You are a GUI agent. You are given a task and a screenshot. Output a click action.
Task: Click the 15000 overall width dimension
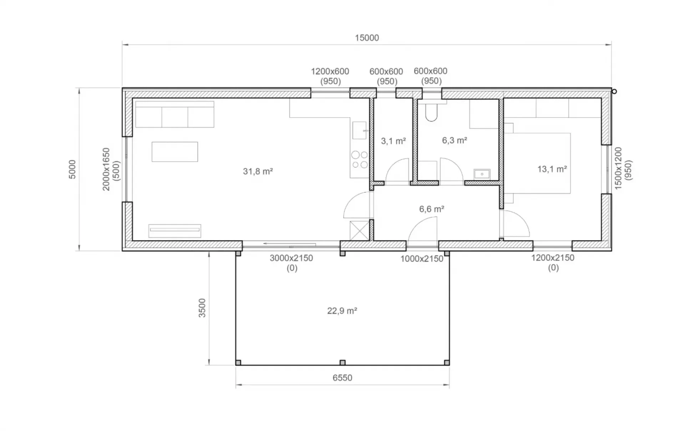367,38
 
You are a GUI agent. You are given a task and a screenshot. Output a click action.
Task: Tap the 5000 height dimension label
72,169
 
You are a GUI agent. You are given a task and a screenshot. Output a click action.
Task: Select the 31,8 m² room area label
258,171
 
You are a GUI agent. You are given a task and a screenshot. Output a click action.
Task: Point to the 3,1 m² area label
393,141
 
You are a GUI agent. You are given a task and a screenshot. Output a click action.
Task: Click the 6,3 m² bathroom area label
455,140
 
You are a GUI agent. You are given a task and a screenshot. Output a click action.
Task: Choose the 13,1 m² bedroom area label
552,169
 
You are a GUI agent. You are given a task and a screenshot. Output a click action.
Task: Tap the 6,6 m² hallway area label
432,209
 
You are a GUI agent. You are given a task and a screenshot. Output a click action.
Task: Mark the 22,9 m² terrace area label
342,311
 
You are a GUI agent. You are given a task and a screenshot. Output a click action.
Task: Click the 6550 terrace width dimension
342,378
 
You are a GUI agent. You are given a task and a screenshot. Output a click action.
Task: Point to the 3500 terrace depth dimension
202,308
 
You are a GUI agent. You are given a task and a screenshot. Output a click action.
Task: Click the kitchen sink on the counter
360,130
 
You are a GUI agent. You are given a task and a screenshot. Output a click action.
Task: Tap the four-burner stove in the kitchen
360,160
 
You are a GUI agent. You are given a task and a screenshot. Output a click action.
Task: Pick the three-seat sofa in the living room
175,114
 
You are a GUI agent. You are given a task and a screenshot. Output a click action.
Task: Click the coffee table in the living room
175,152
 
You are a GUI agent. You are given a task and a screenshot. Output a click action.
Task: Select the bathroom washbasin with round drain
482,174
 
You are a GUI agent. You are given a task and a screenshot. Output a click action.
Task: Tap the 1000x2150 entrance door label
422,259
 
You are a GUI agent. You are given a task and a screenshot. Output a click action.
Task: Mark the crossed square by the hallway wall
360,231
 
